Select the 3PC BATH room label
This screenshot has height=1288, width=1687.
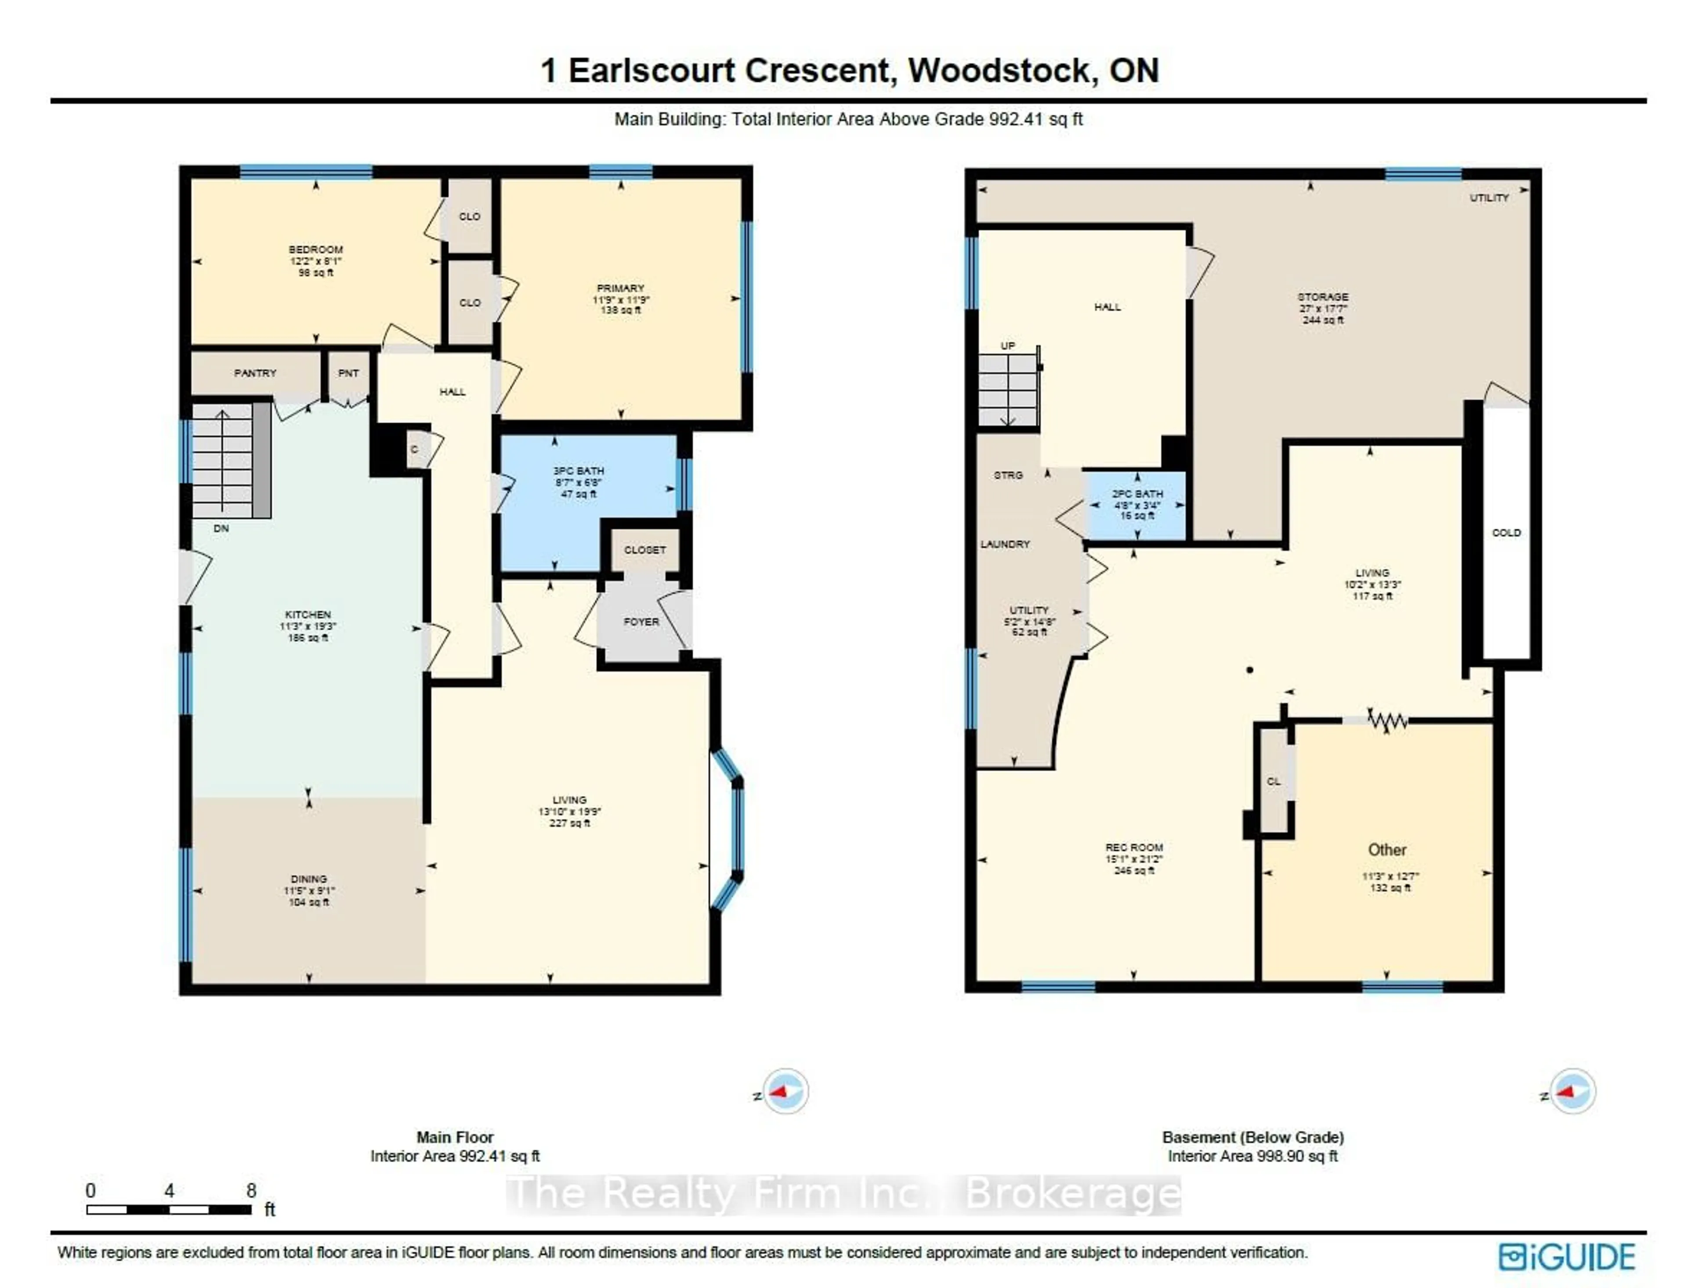(x=579, y=471)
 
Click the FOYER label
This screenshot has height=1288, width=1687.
(x=641, y=622)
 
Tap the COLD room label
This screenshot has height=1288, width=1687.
(x=1506, y=533)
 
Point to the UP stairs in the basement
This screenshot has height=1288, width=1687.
(x=1008, y=391)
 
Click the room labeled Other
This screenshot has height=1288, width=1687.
(x=1387, y=850)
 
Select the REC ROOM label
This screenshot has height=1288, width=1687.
(x=1133, y=847)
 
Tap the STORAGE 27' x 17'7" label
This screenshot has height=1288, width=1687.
(x=1323, y=308)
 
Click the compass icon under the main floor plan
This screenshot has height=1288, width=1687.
(x=786, y=1091)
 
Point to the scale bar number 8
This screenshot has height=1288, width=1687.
(x=251, y=1190)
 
